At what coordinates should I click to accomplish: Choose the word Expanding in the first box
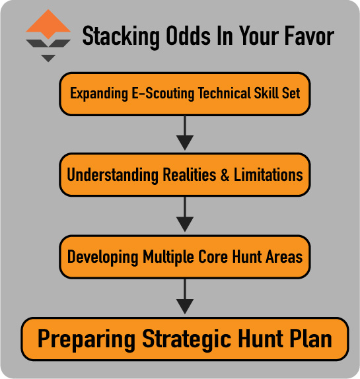[98, 93]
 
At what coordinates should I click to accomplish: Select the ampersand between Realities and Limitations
[225, 175]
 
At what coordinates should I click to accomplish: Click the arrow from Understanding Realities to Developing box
[185, 215]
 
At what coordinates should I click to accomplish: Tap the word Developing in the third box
[102, 257]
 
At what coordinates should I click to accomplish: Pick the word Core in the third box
[207, 257]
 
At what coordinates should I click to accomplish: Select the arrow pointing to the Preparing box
[185, 297]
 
